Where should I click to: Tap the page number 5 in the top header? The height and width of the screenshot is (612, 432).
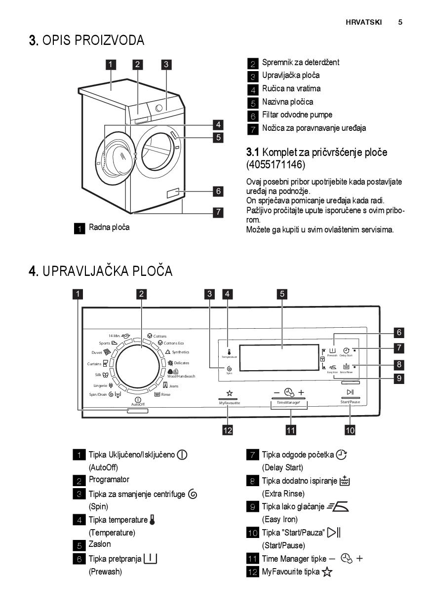(x=400, y=22)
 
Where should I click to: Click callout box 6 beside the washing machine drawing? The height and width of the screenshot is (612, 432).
(x=218, y=191)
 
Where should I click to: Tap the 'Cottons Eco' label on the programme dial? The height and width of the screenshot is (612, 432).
(x=174, y=343)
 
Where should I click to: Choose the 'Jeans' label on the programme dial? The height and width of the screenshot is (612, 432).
(x=173, y=385)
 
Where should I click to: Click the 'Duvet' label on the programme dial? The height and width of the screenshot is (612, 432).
(x=97, y=352)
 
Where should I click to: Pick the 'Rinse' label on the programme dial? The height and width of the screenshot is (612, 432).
(x=165, y=394)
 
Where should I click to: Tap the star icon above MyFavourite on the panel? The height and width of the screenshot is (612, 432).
(x=229, y=393)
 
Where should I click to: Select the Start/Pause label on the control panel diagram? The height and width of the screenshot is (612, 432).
(x=350, y=402)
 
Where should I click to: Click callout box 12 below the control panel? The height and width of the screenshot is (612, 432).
(x=228, y=430)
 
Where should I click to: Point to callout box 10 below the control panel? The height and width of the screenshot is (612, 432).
(x=350, y=430)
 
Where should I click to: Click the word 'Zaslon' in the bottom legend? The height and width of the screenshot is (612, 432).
(x=100, y=544)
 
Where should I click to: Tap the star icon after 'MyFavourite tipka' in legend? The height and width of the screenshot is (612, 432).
(x=327, y=572)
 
